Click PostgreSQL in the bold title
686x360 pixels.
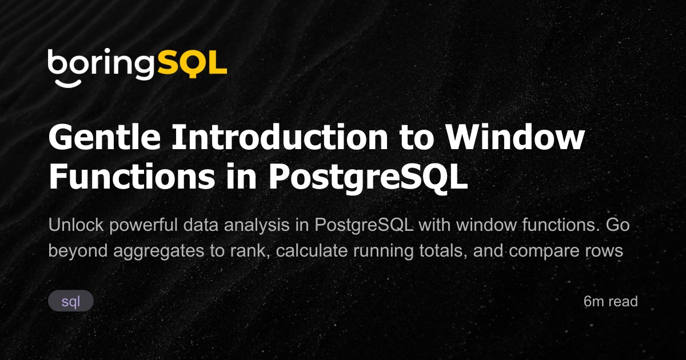pos(369,178)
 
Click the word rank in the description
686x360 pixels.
pos(251,251)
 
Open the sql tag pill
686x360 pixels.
pos(71,301)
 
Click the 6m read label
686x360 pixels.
pos(611,301)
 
